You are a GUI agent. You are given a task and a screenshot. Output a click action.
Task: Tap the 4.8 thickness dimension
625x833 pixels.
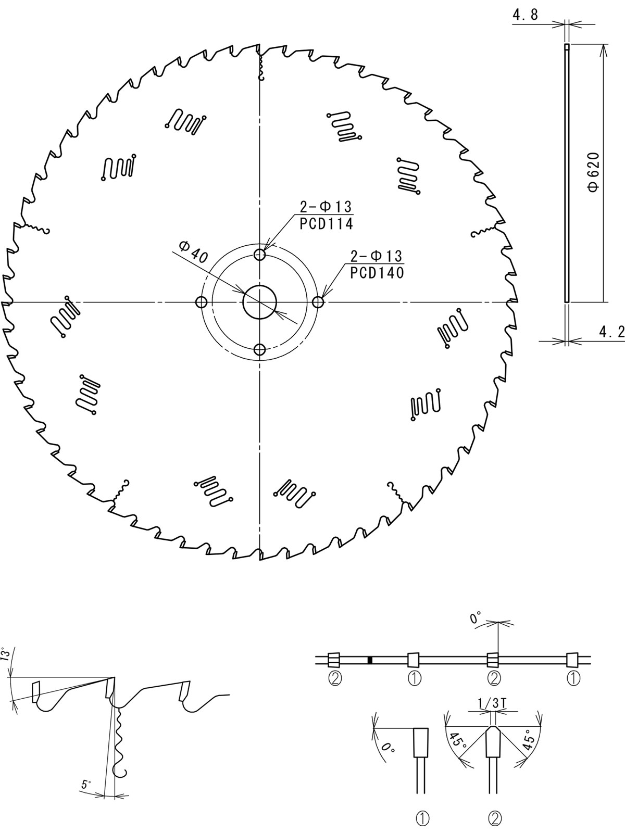(525, 15)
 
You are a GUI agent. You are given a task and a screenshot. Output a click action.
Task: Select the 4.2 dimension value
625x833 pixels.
(611, 332)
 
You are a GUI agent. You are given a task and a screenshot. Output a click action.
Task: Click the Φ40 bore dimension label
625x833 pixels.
(193, 251)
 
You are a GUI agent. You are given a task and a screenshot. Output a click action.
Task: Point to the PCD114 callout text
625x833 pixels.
(327, 224)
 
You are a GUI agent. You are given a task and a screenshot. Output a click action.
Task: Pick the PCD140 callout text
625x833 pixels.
(377, 273)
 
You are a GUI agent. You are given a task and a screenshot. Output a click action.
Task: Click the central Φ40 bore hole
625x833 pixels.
(259, 302)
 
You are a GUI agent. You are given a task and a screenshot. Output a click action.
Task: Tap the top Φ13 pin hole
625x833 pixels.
(259, 254)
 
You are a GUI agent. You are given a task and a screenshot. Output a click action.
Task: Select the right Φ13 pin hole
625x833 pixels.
(318, 302)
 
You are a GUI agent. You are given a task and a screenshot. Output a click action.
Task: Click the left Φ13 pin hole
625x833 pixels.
(201, 302)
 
